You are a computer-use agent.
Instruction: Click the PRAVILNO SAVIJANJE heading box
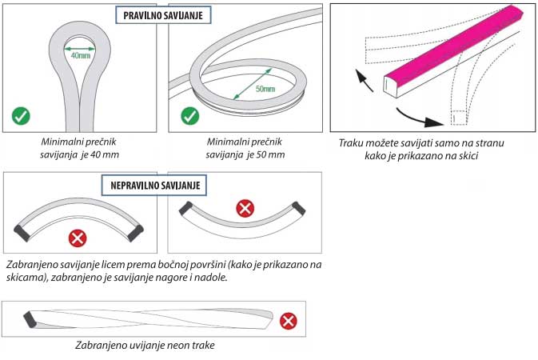[x=162, y=15]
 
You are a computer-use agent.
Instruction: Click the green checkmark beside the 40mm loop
[x=21, y=116]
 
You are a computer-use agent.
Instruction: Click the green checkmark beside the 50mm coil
[x=189, y=116]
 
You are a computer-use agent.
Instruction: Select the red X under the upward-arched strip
[x=78, y=238]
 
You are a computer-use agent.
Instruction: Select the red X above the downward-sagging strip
[x=245, y=210]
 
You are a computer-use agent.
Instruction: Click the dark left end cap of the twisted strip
[x=30, y=318]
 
